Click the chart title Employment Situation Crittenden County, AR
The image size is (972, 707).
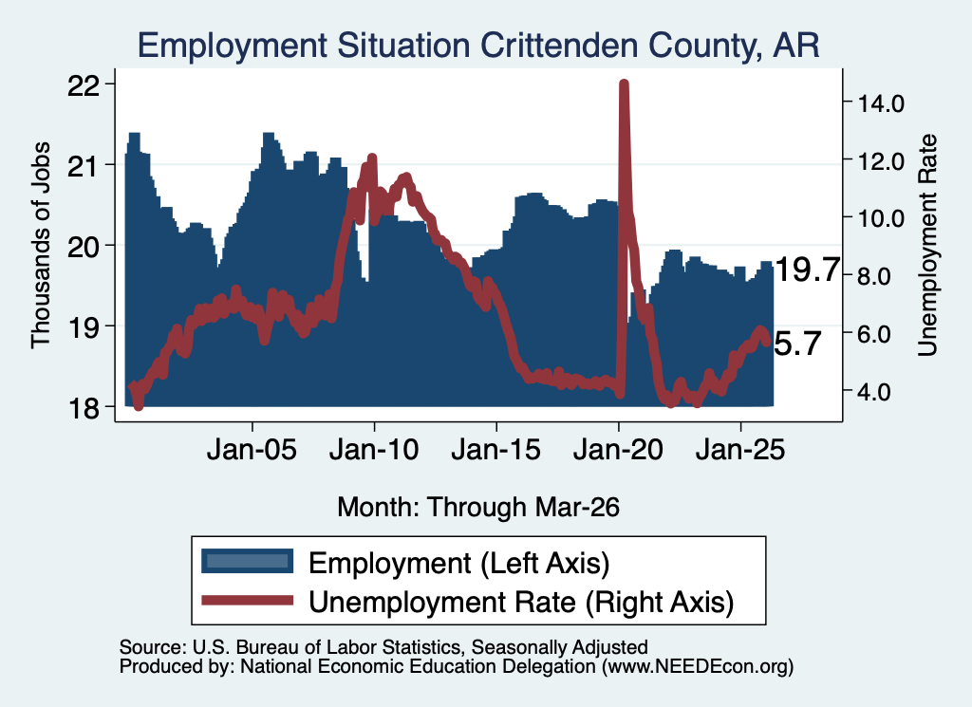pyautogui.click(x=478, y=46)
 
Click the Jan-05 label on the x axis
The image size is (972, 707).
pyautogui.click(x=252, y=449)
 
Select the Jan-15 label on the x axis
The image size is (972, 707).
pyautogui.click(x=495, y=449)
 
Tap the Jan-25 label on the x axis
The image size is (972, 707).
pyautogui.click(x=740, y=449)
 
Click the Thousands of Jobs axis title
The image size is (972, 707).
pyautogui.click(x=40, y=246)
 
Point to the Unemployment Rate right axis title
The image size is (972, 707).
pyautogui.click(x=926, y=246)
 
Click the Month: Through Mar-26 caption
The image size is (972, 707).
pyautogui.click(x=478, y=507)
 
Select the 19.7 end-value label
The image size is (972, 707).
pyautogui.click(x=807, y=270)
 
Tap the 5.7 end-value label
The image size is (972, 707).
pyautogui.click(x=798, y=344)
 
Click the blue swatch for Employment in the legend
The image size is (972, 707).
pyautogui.click(x=248, y=562)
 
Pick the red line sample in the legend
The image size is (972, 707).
pyautogui.click(x=248, y=600)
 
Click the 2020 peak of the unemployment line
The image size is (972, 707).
pyautogui.click(x=624, y=84)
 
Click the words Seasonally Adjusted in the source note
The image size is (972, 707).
pyautogui.click(x=560, y=647)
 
